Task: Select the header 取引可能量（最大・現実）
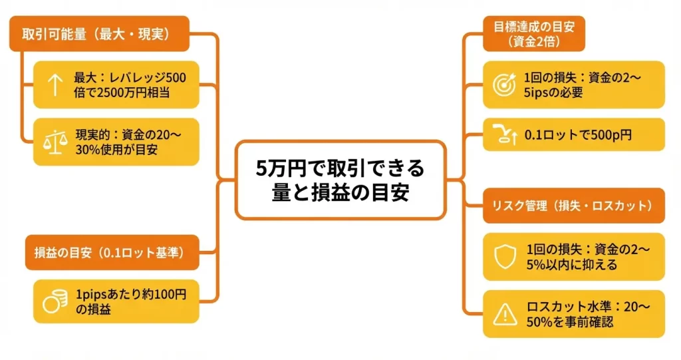[99, 35]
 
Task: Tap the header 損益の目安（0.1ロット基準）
[112, 252]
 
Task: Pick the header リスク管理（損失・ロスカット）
[574, 206]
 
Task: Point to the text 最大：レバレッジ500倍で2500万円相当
[130, 85]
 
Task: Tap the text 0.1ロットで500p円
[578, 135]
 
